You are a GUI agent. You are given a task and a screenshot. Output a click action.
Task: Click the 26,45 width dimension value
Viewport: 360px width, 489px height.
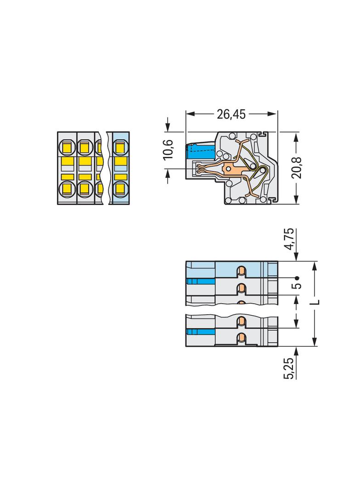click(231, 114)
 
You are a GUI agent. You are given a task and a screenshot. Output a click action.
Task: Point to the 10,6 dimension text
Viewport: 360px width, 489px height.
click(169, 149)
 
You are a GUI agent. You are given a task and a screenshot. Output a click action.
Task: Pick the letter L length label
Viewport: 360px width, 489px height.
click(315, 302)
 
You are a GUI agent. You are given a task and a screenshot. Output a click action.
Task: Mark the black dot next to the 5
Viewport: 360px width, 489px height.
click(297, 278)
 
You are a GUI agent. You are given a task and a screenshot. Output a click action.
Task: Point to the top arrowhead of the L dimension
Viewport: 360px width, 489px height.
click(315, 266)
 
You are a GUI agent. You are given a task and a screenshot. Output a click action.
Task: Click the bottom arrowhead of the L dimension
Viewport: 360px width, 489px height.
click(315, 343)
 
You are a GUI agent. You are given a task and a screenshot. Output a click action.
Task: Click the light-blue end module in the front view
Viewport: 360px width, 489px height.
click(119, 168)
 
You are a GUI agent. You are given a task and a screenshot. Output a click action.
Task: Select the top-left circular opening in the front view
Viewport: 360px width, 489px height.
click(67, 147)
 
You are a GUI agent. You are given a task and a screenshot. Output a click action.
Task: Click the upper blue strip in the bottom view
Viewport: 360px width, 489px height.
click(201, 281)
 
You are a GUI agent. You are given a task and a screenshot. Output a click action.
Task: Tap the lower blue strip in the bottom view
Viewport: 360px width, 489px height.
click(201, 331)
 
